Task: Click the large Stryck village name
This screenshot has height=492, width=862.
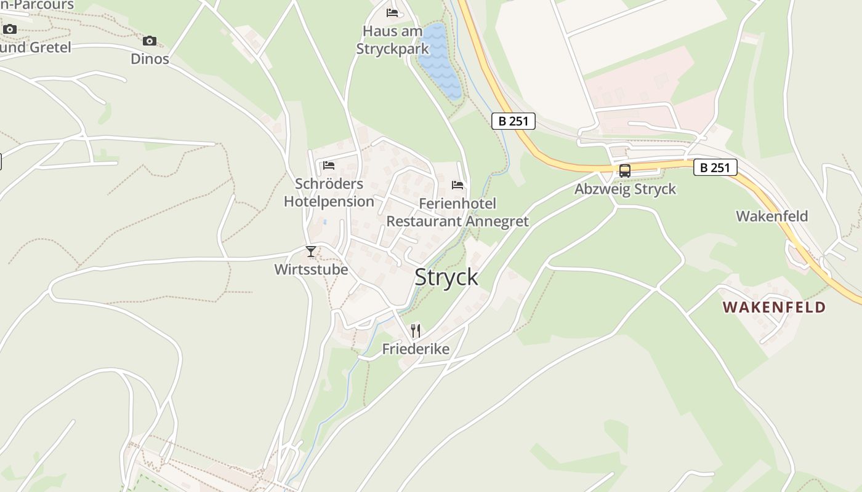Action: (x=446, y=277)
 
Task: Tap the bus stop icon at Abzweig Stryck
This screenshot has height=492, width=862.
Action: (x=624, y=171)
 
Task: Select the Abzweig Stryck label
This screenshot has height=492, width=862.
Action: (x=625, y=189)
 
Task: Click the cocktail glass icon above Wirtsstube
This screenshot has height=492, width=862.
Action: (x=311, y=252)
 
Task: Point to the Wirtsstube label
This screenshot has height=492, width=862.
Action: (x=311, y=269)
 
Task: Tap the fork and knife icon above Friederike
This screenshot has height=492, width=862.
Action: (x=416, y=331)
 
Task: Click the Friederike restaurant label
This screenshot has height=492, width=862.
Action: (x=416, y=349)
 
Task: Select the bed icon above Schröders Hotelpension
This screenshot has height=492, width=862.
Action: (x=329, y=165)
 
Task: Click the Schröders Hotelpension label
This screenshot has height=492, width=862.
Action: (x=329, y=192)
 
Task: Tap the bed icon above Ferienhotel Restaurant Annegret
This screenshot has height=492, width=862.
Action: (x=457, y=184)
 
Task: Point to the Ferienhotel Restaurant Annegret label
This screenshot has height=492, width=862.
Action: (x=457, y=212)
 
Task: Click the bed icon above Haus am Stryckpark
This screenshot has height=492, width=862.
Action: (x=392, y=13)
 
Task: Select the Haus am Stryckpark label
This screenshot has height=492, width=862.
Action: (x=392, y=40)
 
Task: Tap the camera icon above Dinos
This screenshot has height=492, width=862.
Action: (x=149, y=41)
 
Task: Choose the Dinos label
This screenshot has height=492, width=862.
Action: (x=150, y=59)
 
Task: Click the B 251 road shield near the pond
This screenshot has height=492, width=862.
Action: (x=514, y=121)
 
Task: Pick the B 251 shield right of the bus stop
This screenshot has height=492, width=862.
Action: (x=715, y=167)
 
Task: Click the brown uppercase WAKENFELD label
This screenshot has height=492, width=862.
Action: (x=774, y=307)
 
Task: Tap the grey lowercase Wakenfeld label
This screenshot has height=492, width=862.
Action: (x=772, y=216)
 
